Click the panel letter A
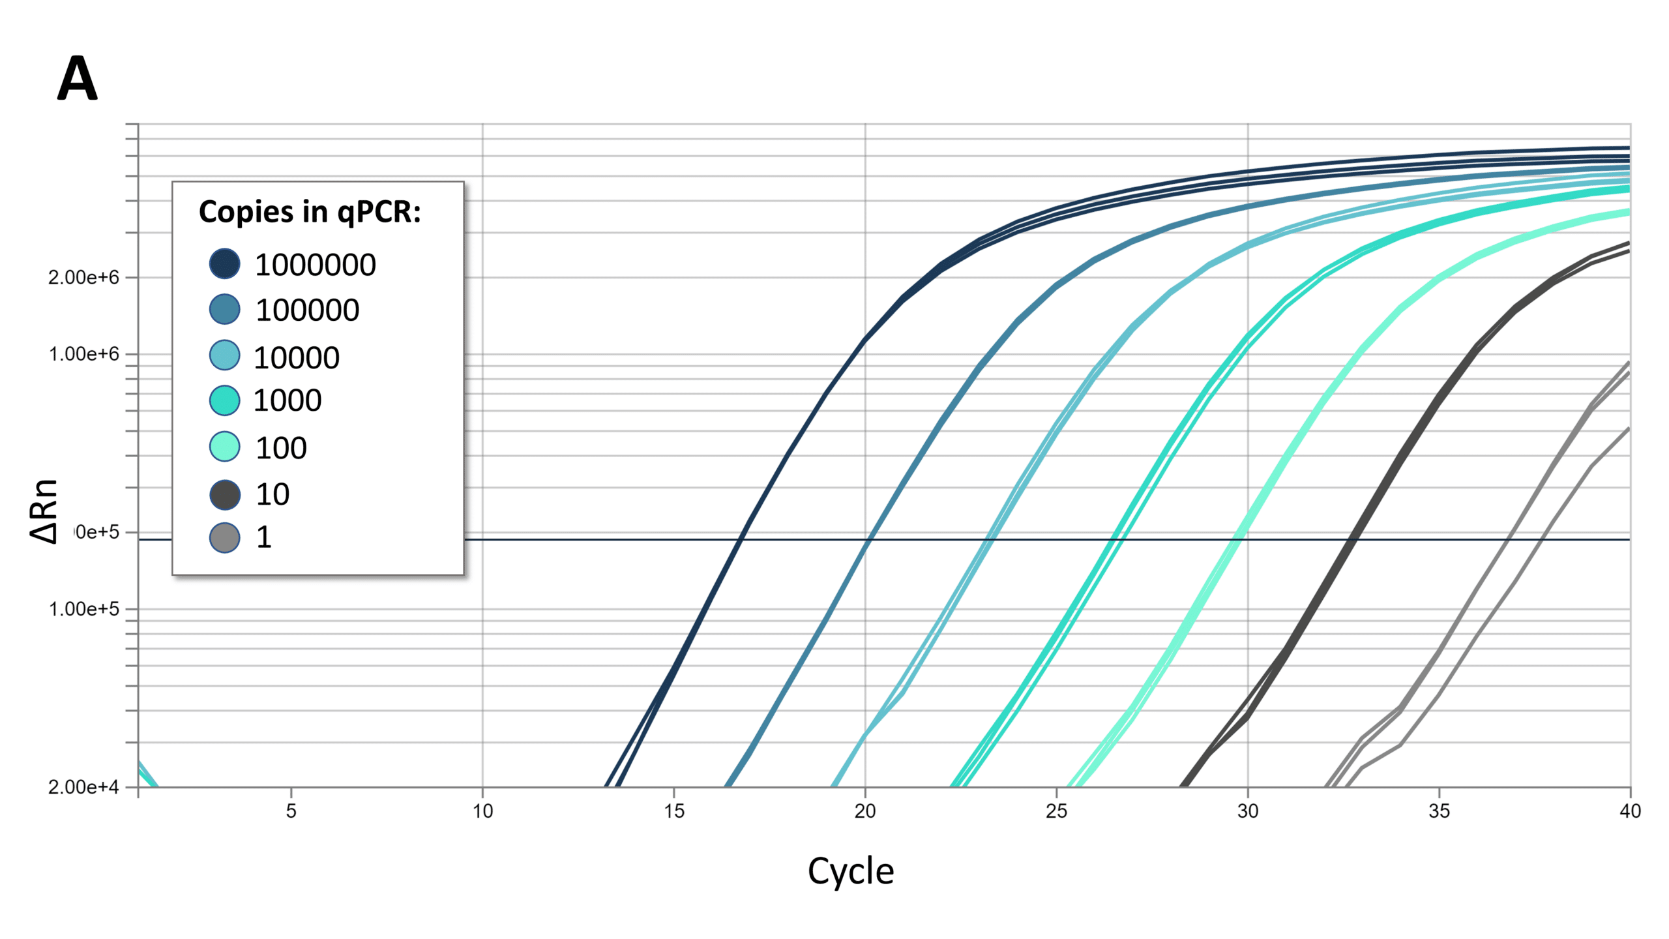pos(78,79)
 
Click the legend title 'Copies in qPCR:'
pos(310,212)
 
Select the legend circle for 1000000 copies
pos(224,263)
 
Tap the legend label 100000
pos(307,310)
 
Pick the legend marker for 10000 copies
pos(224,355)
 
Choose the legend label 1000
pos(287,400)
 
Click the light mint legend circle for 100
pos(224,447)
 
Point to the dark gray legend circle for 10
pos(224,494)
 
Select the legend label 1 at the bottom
pos(263,537)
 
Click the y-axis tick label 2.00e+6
pos(83,278)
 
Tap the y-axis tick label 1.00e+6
pos(83,354)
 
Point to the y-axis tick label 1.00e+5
pos(83,609)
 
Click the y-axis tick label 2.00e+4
pos(83,788)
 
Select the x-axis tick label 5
pos(291,811)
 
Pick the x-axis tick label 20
pos(865,811)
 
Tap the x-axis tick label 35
pos(1439,811)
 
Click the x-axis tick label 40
pos(1630,811)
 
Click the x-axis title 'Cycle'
pos(850,871)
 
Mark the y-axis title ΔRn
pos(44,512)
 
